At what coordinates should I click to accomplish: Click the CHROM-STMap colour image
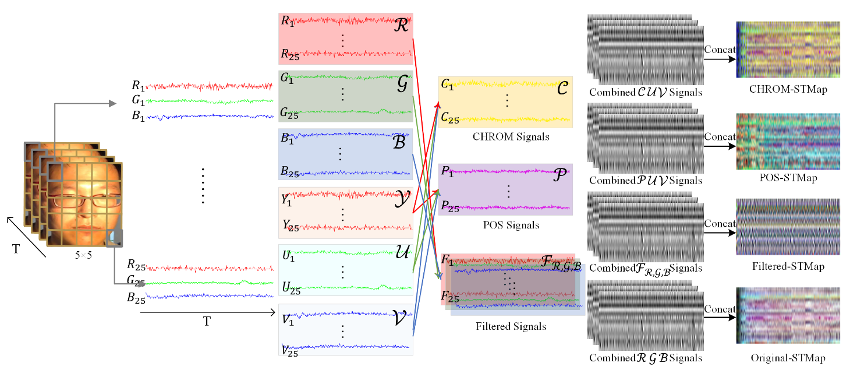[788, 50]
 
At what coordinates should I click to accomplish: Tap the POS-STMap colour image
[788, 142]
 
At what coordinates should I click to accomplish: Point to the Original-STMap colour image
[788, 318]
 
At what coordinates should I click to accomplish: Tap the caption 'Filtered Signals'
[511, 326]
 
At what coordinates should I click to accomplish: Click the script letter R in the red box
[401, 26]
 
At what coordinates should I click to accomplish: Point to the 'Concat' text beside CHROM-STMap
[720, 50]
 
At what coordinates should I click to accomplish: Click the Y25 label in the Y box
[290, 226]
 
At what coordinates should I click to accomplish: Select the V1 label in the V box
[288, 319]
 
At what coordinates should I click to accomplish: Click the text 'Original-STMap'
[788, 358]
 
